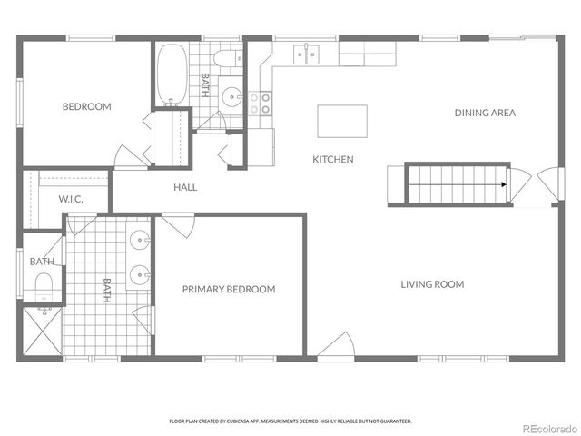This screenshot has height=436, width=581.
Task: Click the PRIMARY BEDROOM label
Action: pos(228,290)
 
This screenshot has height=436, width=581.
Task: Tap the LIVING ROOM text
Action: pos(432,284)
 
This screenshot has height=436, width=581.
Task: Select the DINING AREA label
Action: pos(485,113)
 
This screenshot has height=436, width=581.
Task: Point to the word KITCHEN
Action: pos(333,160)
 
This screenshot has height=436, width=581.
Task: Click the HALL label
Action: pos(185,188)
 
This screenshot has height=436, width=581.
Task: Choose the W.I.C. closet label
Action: pos(72,199)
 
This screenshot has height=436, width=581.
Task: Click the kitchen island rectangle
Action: pos(342,120)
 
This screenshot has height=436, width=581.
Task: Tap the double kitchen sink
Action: pos(306,55)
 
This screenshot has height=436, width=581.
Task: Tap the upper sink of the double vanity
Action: pos(140,242)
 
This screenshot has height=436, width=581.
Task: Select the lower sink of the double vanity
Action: pos(140,272)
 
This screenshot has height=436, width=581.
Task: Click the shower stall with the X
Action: pos(42,332)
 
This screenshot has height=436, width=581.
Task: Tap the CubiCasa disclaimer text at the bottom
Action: pos(290,421)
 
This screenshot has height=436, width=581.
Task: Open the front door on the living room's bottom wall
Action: pos(336,346)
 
